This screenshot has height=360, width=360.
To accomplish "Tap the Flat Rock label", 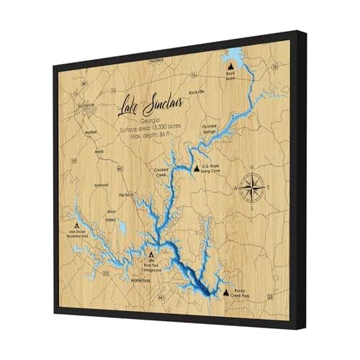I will coord(127,194).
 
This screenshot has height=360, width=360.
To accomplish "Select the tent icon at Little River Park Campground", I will coord(150,255).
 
